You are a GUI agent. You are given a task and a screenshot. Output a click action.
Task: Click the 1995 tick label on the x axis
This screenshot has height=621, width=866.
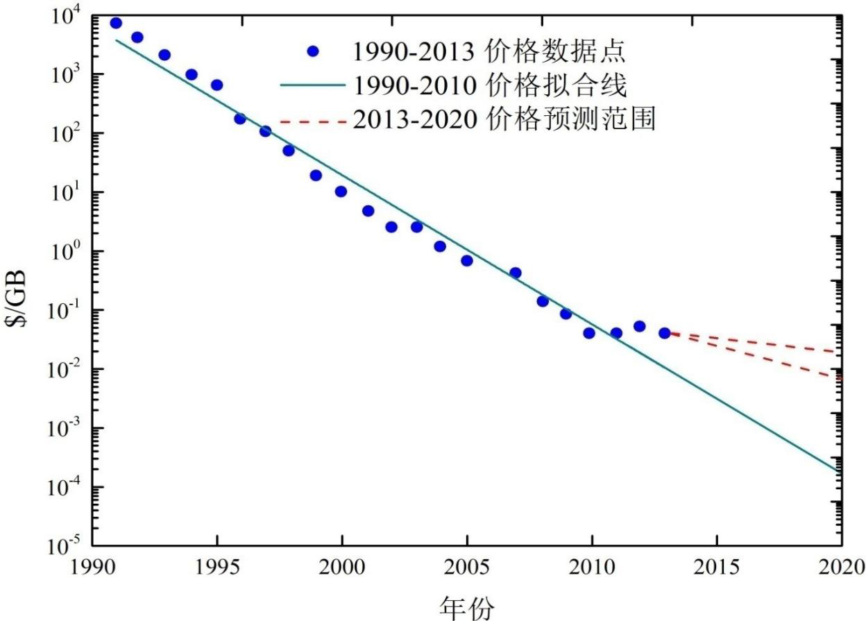(217, 568)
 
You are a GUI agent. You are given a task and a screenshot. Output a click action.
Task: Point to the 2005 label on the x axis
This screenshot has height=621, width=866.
(466, 568)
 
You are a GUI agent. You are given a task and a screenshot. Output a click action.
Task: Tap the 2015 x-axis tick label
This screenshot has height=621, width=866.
(716, 568)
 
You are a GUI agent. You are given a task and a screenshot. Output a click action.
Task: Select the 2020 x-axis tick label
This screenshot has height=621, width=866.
(842, 568)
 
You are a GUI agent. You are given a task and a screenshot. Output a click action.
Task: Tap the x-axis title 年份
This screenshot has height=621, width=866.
(466, 607)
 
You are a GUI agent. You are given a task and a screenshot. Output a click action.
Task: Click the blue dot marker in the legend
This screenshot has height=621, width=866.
(313, 51)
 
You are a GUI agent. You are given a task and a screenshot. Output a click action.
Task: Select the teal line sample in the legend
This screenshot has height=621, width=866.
(313, 85)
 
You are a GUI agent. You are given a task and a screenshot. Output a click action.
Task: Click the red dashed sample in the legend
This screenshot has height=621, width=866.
(313, 122)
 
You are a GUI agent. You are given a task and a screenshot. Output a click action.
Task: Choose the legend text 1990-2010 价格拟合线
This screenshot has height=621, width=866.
(490, 85)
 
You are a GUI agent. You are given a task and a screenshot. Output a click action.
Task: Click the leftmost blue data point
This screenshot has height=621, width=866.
(116, 23)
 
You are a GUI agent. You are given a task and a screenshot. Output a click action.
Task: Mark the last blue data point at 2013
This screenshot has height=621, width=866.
(665, 333)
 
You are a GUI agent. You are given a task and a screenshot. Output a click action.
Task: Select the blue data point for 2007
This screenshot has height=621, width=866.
(516, 273)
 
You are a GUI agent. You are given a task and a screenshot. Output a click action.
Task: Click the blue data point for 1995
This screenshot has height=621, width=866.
(217, 85)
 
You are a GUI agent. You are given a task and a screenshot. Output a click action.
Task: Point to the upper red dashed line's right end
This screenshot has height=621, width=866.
(841, 352)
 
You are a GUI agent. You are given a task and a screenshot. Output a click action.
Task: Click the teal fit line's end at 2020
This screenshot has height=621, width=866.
(841, 472)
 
